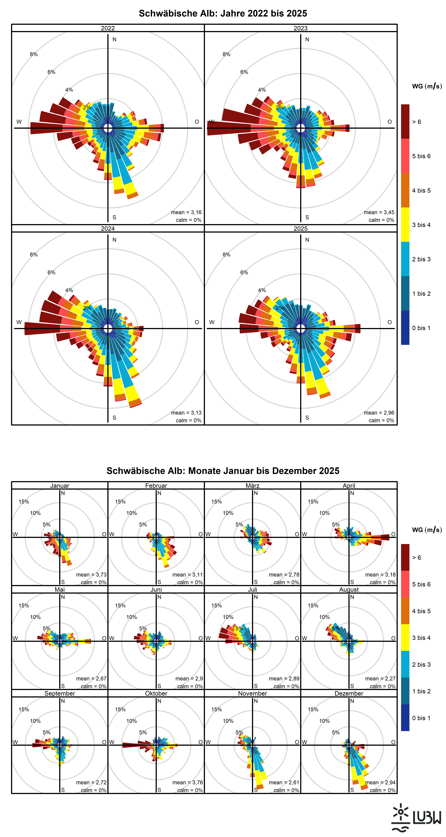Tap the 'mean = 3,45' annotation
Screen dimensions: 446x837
[379, 212]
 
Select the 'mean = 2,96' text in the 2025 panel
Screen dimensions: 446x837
[379, 413]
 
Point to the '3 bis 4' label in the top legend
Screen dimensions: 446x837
[421, 225]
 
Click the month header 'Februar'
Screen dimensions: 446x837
[156, 485]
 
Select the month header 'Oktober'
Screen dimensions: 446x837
[156, 693]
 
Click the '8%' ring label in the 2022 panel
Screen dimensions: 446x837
[34, 54]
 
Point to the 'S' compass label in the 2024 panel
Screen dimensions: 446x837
[114, 417]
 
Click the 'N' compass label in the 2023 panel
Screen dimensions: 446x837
[307, 39]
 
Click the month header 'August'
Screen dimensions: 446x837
[349, 589]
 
